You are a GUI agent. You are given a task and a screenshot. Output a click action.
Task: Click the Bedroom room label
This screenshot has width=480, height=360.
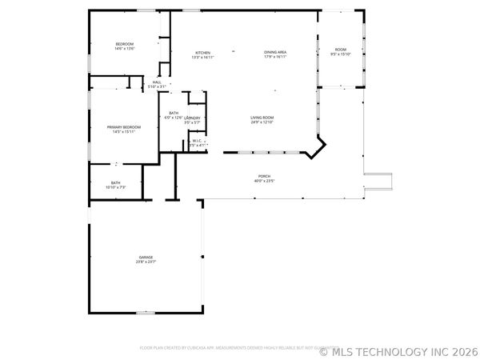124,43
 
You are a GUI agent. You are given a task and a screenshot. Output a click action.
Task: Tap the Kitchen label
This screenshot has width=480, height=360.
202,52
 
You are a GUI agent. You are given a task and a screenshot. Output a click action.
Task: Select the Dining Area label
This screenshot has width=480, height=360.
275,52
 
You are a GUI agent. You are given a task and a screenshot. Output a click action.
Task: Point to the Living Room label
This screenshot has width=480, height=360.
262,117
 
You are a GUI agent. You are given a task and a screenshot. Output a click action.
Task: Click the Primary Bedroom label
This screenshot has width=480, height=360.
125,127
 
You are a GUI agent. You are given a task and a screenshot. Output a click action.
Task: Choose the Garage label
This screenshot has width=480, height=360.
145,257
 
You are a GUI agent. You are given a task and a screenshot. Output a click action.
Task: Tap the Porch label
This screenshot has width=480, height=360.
264,176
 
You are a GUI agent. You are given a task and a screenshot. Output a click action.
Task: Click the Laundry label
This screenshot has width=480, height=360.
192,118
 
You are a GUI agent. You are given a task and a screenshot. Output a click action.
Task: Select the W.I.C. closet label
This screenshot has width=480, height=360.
196,141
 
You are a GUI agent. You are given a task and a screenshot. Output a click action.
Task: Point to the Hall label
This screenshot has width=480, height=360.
157,82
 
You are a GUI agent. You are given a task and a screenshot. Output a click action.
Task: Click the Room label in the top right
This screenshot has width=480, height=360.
341,50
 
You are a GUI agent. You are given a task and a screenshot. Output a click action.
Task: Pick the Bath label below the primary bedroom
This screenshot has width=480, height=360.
116,182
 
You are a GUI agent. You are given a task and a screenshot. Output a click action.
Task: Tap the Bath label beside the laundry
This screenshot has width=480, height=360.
173,113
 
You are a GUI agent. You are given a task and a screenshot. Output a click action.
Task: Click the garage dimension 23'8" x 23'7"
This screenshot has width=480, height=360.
145,262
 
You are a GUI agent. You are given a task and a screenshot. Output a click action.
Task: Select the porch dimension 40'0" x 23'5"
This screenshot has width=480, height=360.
264,181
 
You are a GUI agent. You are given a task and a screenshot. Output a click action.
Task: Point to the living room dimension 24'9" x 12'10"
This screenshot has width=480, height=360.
262,122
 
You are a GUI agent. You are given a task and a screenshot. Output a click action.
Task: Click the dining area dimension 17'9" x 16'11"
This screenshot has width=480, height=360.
275,57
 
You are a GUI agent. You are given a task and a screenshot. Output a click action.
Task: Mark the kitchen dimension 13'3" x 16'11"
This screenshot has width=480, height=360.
202,57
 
